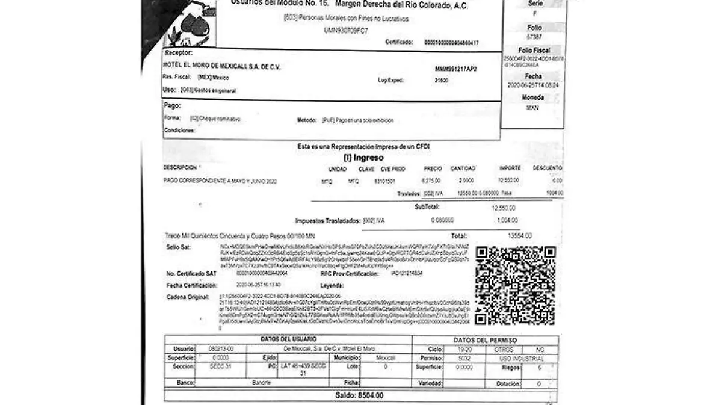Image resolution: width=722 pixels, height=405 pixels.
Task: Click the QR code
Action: (515, 285)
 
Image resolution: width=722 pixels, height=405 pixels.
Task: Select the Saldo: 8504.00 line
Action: (359, 395)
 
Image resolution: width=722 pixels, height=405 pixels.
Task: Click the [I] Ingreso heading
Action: (363, 158)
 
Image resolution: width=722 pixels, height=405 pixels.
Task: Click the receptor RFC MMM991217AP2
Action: (455, 69)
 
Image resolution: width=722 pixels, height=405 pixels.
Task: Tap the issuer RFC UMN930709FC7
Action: (345, 30)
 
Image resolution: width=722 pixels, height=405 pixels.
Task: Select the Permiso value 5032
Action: (463, 357)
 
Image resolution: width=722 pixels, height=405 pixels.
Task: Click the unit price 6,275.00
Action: (433, 180)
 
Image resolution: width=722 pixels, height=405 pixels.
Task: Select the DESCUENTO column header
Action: (548, 168)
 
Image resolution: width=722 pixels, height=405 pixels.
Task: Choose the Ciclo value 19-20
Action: (463, 348)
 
